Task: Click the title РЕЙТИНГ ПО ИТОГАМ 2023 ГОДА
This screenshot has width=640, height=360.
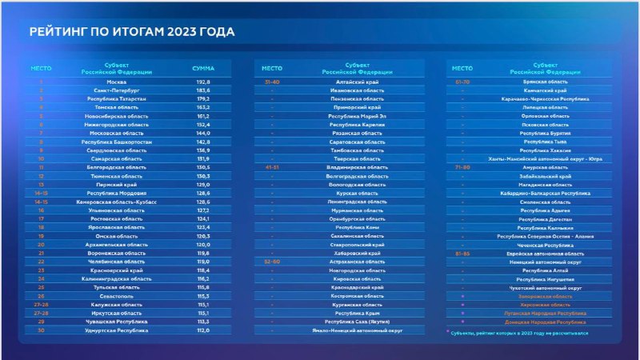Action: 132,32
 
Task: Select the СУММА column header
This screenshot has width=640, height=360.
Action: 203,68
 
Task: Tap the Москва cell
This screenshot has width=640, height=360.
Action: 117,82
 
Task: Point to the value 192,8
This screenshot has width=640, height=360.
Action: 203,82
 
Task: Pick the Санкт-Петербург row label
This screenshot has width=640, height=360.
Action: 117,90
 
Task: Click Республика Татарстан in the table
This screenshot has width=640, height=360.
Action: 117,99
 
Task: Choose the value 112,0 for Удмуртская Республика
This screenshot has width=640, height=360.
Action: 203,330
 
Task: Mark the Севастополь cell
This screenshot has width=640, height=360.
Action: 117,296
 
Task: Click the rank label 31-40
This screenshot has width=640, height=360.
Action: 272,82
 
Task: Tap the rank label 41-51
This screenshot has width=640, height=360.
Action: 272,167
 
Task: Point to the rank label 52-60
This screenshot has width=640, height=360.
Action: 272,262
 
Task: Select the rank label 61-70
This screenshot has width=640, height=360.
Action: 462,82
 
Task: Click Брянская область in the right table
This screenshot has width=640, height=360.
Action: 545,82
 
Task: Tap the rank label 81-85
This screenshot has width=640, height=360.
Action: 462,253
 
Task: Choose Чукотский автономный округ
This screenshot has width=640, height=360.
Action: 545,287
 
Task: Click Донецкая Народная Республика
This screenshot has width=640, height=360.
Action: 545,322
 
